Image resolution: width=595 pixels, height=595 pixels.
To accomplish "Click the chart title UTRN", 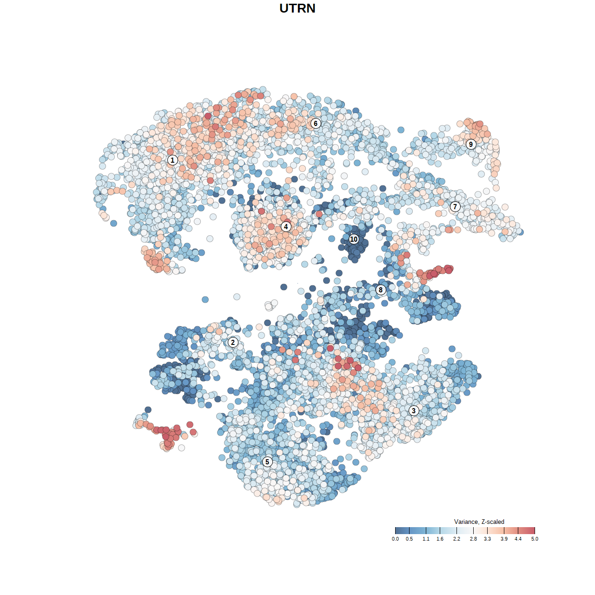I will coord(297,8).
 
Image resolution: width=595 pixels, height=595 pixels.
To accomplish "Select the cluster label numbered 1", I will coord(172,160).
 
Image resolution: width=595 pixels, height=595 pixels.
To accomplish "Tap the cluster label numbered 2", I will coord(233,343).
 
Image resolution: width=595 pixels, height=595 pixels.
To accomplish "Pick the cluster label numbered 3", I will coord(414,410).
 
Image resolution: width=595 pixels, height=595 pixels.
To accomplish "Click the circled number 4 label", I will coord(286,227).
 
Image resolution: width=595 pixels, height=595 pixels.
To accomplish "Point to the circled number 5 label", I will coord(267,462).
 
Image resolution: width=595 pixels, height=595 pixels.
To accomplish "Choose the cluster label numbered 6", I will coord(316,123).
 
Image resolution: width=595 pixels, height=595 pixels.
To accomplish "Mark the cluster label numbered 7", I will coord(455,207).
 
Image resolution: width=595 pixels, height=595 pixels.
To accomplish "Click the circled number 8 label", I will coord(381,290).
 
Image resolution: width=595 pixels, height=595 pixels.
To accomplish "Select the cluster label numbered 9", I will coord(471,144).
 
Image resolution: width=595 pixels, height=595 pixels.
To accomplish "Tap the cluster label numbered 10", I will coord(354,239).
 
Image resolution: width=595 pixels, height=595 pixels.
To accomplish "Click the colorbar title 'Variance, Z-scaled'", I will coord(479,522).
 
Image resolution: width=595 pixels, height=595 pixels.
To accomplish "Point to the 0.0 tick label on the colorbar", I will coord(395,539).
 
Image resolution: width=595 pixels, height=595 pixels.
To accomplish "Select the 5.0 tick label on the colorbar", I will coord(535,539).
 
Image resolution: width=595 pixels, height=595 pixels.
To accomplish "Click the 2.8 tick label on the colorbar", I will coord(473,539).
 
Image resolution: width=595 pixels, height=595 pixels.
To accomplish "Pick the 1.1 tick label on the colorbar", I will coord(426,539).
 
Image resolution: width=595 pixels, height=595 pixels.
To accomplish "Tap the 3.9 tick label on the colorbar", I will coord(504,539).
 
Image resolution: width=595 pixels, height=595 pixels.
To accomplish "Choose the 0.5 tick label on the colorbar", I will coord(409,539).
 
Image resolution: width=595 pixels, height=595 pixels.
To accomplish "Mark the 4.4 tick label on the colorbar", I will coord(518,539).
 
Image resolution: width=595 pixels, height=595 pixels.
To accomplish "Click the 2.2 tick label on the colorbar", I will coord(456,539).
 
